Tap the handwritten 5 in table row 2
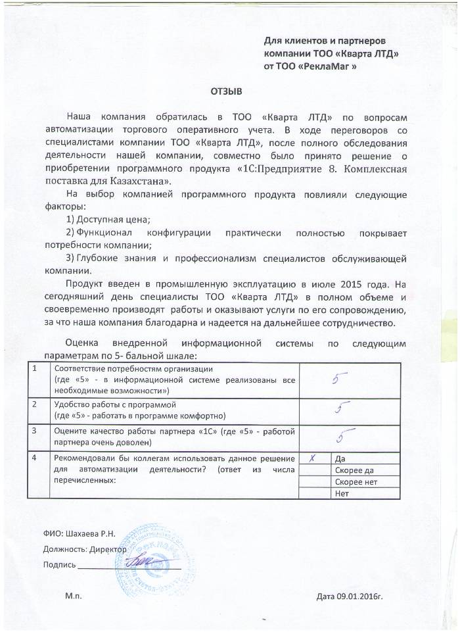point(340,409)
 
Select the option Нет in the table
point(341,494)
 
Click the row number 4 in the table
point(44,458)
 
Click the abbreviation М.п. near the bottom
point(74,596)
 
